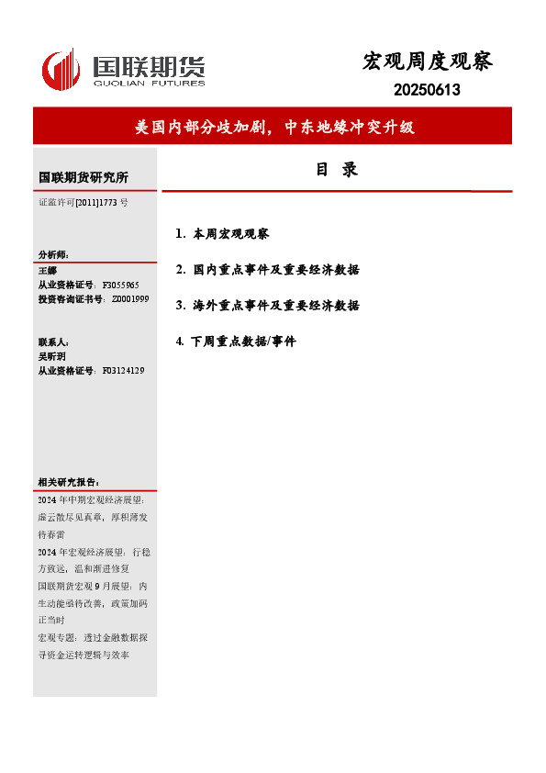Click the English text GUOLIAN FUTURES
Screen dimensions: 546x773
pyautogui.click(x=148, y=85)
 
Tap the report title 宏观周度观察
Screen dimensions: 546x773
pyautogui.click(x=428, y=62)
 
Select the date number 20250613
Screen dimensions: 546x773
pyautogui.click(x=427, y=90)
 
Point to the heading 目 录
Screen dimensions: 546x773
pyautogui.click(x=337, y=170)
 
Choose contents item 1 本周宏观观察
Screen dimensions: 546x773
pyautogui.click(x=222, y=234)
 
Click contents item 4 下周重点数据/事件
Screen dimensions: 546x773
pyautogui.click(x=236, y=342)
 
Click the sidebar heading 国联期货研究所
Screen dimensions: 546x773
pyautogui.click(x=84, y=177)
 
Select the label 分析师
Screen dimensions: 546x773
pyautogui.click(x=53, y=254)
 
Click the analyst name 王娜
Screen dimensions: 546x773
pyautogui.click(x=47, y=271)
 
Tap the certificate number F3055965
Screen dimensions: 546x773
pyautogui.click(x=120, y=286)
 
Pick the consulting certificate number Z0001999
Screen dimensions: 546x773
pyautogui.click(x=130, y=299)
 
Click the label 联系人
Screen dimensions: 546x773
pyautogui.click(x=53, y=342)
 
